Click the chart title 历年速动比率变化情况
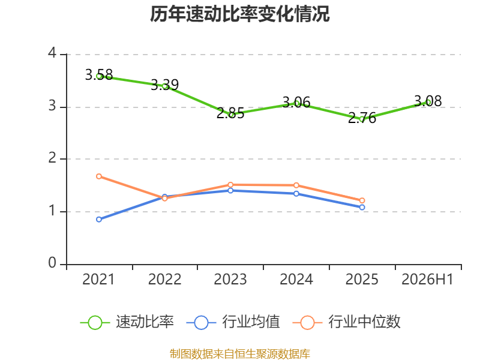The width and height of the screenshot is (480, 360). (x=239, y=14)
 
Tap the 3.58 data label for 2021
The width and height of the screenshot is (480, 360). (x=99, y=74)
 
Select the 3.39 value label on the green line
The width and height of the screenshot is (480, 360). (x=164, y=85)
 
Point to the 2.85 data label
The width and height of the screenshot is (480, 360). (x=230, y=113)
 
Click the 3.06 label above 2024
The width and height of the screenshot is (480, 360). (x=296, y=102)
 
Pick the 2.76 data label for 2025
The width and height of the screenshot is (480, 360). (x=362, y=118)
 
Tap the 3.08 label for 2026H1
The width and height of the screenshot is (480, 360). (x=428, y=101)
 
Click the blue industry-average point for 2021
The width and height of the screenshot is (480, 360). (x=99, y=220)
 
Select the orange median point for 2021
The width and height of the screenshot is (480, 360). (x=99, y=176)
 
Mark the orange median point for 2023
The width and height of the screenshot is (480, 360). (x=230, y=185)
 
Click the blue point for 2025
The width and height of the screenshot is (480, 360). (x=362, y=207)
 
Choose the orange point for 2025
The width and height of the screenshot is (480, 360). (x=362, y=200)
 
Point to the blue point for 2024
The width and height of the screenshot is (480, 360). (x=296, y=194)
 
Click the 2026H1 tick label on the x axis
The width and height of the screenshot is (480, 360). (x=427, y=279)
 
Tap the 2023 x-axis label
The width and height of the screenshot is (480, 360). (x=230, y=279)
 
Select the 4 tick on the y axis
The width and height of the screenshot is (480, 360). (x=52, y=53)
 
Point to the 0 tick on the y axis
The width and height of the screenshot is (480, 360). (x=52, y=263)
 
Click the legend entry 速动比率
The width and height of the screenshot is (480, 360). (x=127, y=322)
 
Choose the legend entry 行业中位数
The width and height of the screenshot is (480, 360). (x=347, y=322)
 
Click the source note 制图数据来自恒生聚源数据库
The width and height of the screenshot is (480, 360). (x=240, y=354)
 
